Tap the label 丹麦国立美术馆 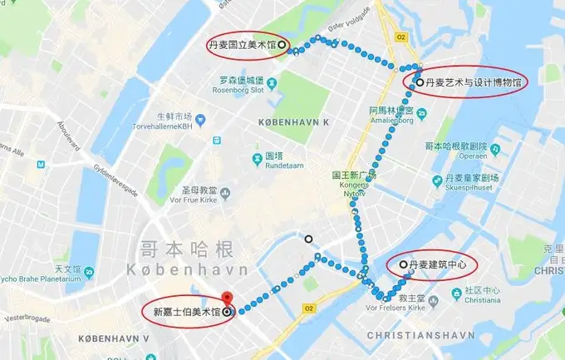tap(241, 44)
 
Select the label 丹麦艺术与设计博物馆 tap(473, 83)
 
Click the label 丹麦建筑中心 tap(439, 265)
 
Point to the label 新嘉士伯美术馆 tap(186, 313)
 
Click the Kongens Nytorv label tap(354, 187)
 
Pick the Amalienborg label tap(391, 120)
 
